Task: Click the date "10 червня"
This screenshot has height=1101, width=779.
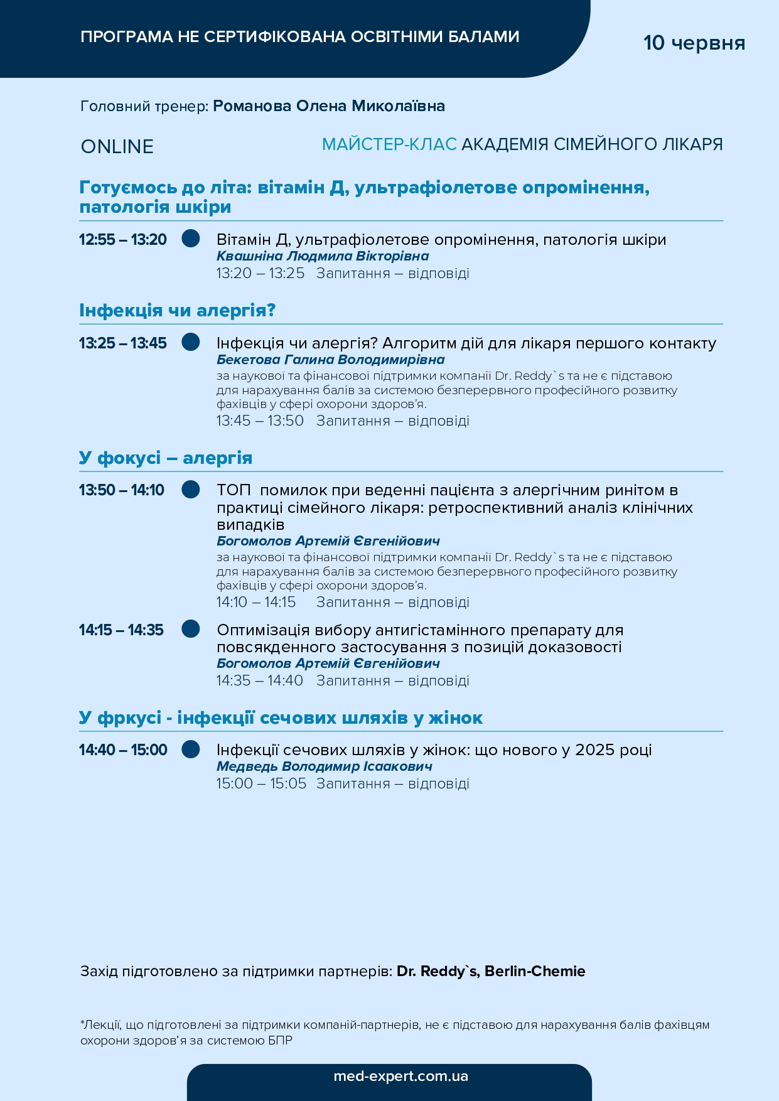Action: tap(694, 43)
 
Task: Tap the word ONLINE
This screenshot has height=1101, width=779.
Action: tap(117, 146)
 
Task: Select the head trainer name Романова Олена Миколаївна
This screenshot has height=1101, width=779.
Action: tap(329, 106)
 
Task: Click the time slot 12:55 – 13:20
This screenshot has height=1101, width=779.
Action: tap(123, 239)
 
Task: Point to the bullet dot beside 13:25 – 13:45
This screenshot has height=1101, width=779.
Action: tap(191, 342)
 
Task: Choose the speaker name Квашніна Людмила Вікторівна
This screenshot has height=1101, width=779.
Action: tap(323, 256)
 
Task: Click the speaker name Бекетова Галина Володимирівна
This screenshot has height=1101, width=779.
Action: tap(330, 360)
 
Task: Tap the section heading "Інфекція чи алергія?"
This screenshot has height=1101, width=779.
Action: tap(177, 310)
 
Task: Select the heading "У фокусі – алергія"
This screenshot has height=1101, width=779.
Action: tap(166, 458)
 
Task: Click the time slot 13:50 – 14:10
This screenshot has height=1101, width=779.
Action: tap(122, 490)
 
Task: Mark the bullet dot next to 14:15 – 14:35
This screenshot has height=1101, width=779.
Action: tap(191, 629)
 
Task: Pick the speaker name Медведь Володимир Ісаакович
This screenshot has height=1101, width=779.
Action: tap(324, 766)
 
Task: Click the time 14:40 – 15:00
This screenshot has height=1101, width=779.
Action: tap(123, 749)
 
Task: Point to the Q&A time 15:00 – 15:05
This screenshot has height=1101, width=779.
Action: tap(261, 783)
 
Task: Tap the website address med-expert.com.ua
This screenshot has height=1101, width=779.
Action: tap(400, 1076)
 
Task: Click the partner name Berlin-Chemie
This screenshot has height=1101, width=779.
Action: tap(535, 971)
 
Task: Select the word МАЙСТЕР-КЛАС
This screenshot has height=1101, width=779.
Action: tap(389, 144)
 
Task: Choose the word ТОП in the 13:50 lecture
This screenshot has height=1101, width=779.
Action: tap(234, 490)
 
